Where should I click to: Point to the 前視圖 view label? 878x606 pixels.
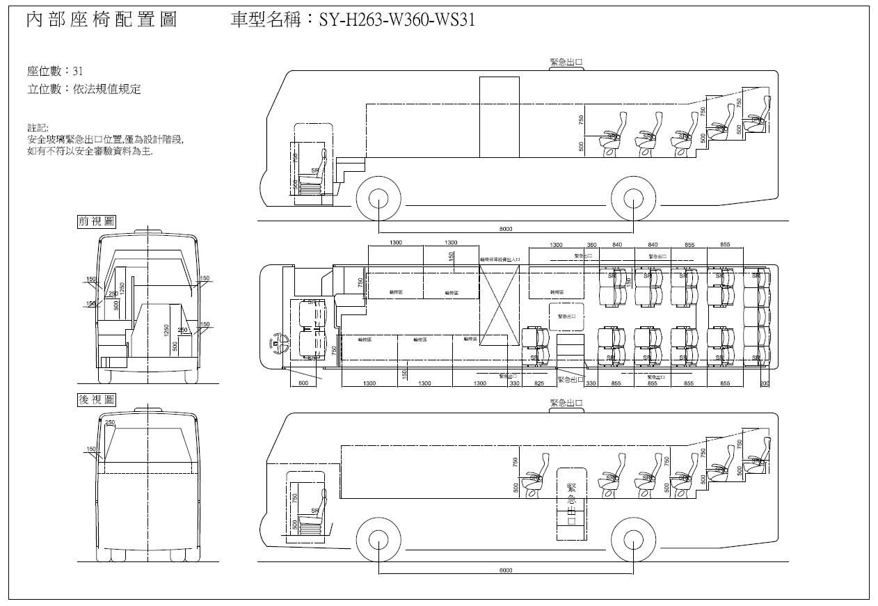click(97, 221)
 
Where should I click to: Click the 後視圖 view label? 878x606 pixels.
click(97, 400)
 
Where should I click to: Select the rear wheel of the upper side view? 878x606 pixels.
click(633, 198)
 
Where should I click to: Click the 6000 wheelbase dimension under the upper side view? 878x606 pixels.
click(506, 229)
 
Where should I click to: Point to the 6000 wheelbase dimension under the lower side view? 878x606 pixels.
click(506, 571)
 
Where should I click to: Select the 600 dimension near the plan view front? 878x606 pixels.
click(303, 383)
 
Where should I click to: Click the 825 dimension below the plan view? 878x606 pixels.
click(538, 383)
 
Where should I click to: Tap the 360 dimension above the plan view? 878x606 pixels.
click(592, 245)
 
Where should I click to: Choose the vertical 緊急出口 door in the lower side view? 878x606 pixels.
click(571, 504)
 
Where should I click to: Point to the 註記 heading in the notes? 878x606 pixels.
click(38, 129)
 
